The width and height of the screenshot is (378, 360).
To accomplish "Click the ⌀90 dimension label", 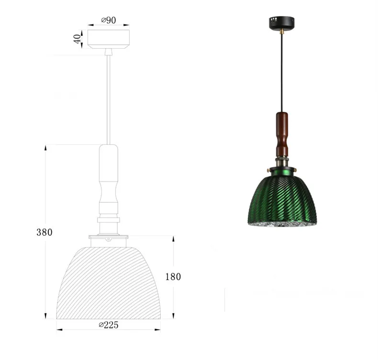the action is tap(109, 20).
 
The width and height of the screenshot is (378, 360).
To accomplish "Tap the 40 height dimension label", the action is tap(77, 39).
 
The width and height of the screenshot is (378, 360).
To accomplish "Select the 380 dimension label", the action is tap(44, 232).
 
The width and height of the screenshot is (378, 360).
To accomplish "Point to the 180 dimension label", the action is tap(173, 277).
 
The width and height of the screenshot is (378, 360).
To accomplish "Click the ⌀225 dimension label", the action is tap(109, 325).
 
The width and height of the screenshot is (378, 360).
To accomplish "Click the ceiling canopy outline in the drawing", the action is tap(109, 39).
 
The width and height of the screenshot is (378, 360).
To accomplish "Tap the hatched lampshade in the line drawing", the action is tap(109, 283).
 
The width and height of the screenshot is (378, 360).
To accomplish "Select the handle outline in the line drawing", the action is tap(109, 179).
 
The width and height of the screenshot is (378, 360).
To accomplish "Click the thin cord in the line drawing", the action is tap(109, 100).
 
